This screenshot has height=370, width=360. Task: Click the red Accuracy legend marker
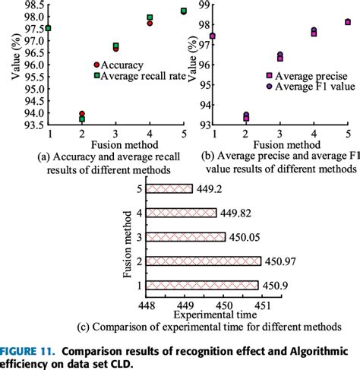[x=96, y=65]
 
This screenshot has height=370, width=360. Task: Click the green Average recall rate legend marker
[x=96, y=76]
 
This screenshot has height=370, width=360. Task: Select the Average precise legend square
[x=269, y=76]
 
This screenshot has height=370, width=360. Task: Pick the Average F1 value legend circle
[x=269, y=87]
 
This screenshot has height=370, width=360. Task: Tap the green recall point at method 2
[x=82, y=119]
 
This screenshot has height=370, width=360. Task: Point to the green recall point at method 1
[x=49, y=28]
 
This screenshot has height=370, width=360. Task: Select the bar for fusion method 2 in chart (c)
[x=204, y=261]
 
